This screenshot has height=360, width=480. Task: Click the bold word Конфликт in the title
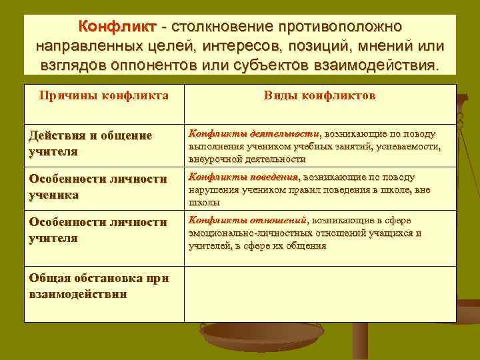[117, 27]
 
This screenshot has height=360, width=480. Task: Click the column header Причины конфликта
[103, 96]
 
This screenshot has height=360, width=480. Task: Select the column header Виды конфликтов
[319, 96]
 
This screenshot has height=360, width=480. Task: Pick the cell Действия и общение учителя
[91, 143]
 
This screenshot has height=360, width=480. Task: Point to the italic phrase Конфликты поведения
[243, 177]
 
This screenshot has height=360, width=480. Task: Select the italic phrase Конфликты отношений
[247, 221]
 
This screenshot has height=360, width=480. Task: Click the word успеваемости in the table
[407, 147]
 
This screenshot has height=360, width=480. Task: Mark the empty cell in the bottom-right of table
[319, 293]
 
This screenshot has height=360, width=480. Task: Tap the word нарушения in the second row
[213, 190]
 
